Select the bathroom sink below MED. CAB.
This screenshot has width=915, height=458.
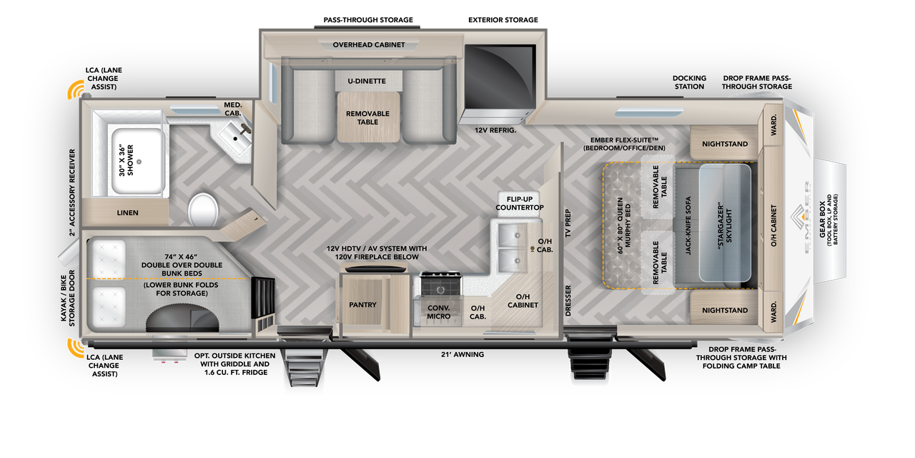(234, 134)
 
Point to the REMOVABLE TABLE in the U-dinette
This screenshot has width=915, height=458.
(367, 118)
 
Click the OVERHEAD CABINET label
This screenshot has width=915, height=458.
(368, 45)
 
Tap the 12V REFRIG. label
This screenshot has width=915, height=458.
(495, 130)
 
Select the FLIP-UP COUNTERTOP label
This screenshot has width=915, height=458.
(520, 203)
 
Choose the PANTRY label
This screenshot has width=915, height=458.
(362, 305)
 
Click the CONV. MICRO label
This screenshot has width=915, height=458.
(438, 312)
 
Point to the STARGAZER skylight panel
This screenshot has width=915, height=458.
(725, 223)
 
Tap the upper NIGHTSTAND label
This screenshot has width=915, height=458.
(725, 144)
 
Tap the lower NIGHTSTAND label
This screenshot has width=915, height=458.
(725, 311)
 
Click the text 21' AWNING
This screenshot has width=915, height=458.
(463, 354)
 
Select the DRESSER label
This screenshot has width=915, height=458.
(568, 300)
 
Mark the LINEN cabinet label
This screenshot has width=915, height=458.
(128, 213)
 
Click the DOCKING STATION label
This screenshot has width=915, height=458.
(689, 82)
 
